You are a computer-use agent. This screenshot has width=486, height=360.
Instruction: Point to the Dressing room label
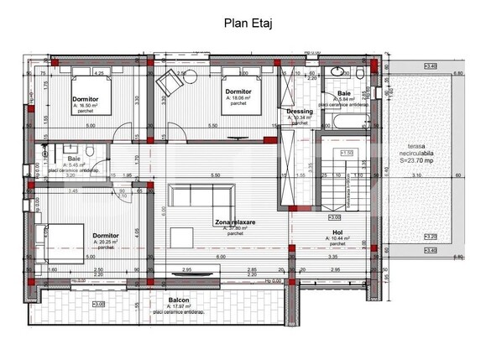[300, 111]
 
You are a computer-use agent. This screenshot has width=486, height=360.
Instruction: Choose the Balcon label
[177, 300]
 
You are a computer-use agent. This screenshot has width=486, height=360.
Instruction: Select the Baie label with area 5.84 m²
[344, 93]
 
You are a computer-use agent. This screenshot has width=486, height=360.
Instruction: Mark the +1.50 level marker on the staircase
[347, 152]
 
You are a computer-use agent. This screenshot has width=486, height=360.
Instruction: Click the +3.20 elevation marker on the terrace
[431, 237]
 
